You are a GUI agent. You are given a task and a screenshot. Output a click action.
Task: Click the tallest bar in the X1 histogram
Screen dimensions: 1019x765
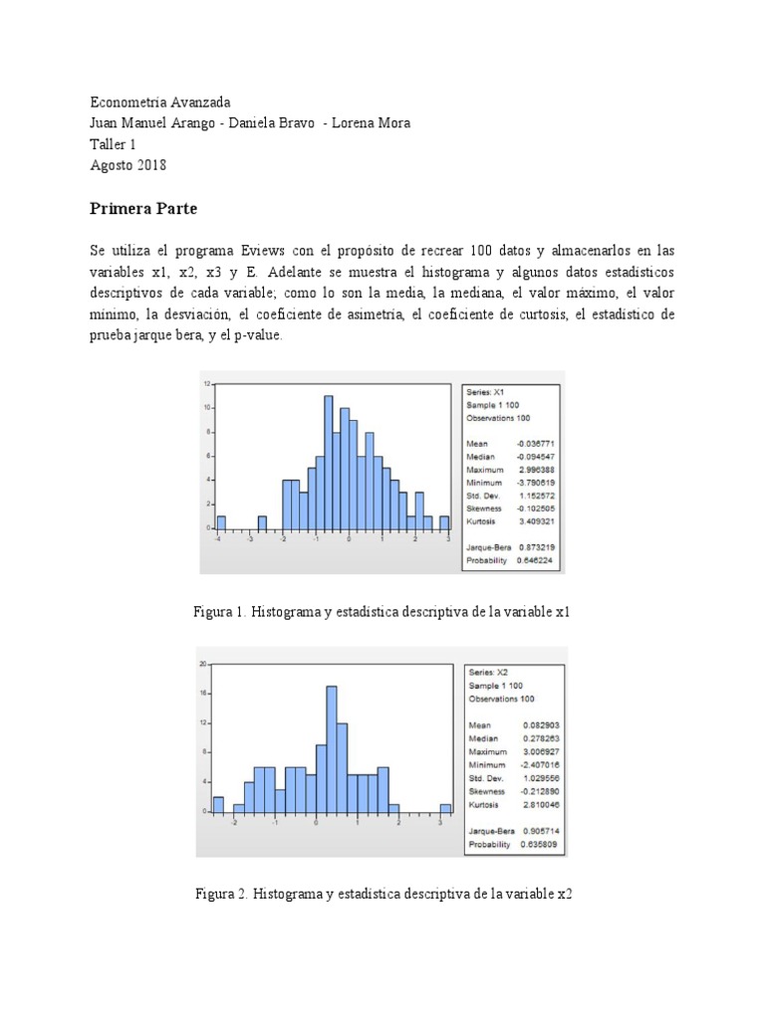(328, 462)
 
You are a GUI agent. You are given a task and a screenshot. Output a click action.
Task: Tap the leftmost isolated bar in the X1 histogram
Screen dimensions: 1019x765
(221, 522)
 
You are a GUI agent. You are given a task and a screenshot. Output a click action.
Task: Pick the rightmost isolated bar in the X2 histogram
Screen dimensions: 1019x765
(445, 807)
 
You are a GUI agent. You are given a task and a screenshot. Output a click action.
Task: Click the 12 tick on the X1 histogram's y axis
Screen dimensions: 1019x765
(206, 383)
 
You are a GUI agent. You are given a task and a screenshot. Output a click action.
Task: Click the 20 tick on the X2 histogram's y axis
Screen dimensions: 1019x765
(203, 664)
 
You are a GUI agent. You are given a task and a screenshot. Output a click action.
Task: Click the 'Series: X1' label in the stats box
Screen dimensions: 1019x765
(486, 393)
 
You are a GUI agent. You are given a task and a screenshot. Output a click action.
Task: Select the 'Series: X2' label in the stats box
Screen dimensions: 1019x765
(488, 673)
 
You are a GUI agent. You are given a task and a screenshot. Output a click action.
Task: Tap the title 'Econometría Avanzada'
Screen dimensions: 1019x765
(160, 102)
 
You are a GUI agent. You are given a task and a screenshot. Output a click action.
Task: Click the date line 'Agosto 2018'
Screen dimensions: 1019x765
(128, 165)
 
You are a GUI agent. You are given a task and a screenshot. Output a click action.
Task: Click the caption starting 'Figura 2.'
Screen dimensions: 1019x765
(383, 894)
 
